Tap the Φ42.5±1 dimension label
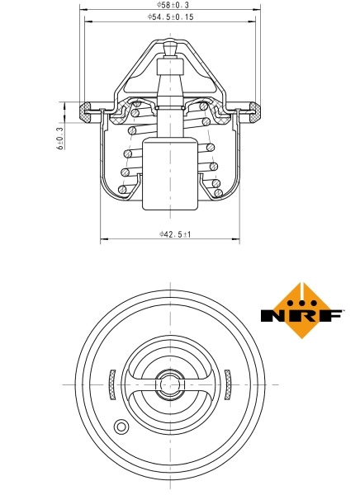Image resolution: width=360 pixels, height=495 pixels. tap(176, 235)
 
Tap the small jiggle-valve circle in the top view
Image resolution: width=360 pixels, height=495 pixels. tap(121, 427)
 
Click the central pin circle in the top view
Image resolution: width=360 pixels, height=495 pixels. tap(170, 385)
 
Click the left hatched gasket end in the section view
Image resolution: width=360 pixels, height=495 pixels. tap(85, 110)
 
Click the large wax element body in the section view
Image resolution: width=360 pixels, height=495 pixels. tap(170, 175)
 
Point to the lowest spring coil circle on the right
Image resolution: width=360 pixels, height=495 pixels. tap(218, 193)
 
